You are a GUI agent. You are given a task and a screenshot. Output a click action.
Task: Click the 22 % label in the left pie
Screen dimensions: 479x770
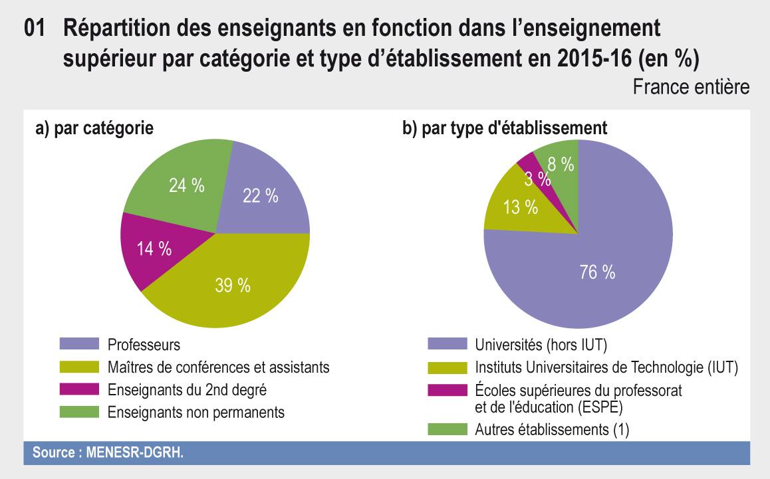[259, 195]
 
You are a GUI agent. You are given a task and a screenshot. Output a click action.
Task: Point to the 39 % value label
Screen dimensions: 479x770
[233, 286]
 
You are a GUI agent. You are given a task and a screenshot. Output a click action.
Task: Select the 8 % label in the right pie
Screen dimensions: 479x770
[560, 164]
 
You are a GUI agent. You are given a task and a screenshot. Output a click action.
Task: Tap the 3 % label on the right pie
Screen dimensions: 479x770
[537, 178]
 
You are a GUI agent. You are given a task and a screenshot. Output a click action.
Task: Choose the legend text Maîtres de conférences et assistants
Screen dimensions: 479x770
[218, 367]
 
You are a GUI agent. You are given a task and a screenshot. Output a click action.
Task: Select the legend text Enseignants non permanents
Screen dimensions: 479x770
[195, 412]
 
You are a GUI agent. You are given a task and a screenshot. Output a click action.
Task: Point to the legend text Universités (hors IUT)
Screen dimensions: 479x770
[541, 345]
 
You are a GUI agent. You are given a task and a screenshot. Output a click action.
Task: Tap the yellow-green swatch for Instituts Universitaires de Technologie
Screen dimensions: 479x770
[447, 367]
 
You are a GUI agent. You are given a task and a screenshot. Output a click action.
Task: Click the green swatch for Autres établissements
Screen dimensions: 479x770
[447, 429]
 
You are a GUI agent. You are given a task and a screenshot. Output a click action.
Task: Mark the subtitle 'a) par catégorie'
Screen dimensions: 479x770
[94, 128]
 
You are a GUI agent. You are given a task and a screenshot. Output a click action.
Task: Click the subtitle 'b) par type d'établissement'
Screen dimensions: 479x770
[505, 128]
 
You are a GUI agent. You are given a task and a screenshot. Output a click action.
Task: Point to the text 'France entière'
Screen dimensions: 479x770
[691, 87]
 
